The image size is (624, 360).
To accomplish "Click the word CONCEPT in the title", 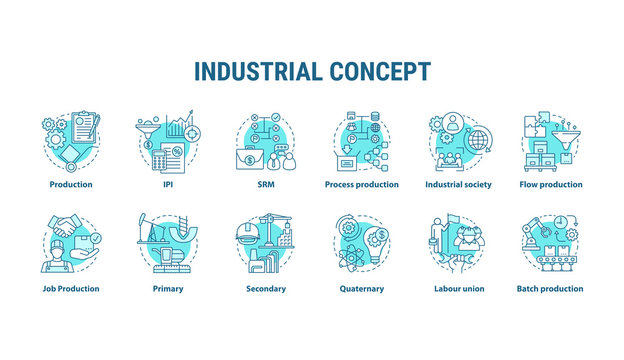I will coord(383,72).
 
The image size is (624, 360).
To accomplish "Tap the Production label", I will coord(71,185).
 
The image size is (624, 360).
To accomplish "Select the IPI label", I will coord(167,185).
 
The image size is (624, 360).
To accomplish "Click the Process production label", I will coord(361,185).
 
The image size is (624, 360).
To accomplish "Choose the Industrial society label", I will coord(458,185).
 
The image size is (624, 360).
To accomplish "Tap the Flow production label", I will coord(551,185).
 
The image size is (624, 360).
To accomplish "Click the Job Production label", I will coord(70,289).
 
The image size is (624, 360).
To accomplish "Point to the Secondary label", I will coord(265,289).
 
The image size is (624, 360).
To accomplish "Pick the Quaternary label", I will coord(362,289).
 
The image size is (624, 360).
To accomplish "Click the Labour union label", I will coord(457,289).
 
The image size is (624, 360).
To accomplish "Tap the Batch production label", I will coord(550,289).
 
